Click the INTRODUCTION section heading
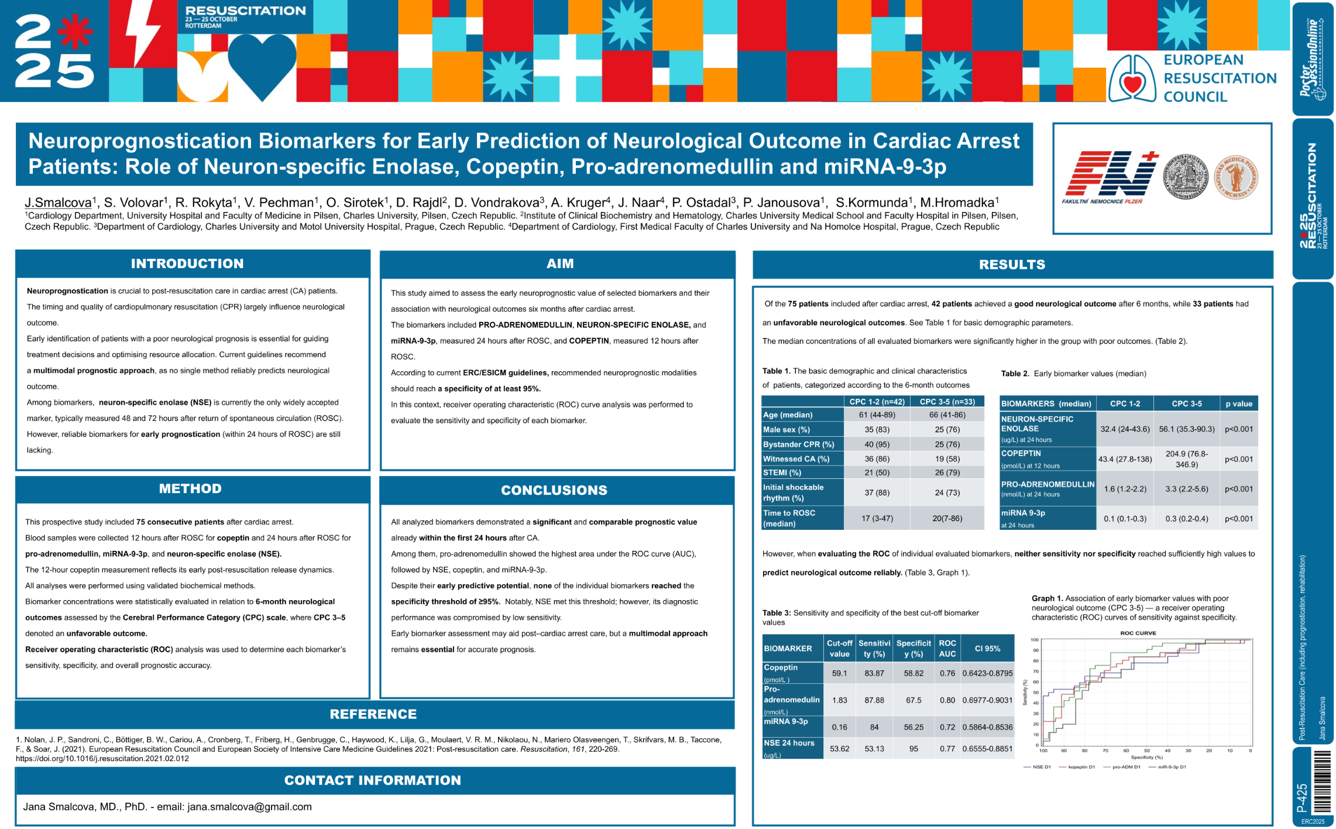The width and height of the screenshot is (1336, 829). pos(187,263)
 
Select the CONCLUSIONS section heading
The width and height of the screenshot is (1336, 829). pos(554,490)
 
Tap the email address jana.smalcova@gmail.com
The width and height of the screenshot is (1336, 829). pos(249,807)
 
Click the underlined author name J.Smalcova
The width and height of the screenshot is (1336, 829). pos(58,203)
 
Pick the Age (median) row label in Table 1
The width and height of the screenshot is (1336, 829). pos(788,415)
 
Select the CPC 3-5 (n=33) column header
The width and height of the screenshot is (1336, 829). pos(947,402)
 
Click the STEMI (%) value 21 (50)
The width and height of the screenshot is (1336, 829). pos(877,472)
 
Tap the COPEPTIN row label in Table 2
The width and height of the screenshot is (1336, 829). pos(1021,453)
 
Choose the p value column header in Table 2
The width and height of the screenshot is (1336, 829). pos(1239,403)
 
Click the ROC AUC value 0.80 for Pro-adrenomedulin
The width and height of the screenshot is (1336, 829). pos(947,700)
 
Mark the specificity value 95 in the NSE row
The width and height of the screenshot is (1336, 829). pos(913,749)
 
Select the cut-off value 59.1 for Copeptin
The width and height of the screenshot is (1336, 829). pos(839,673)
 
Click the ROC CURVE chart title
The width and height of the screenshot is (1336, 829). pos(1138,633)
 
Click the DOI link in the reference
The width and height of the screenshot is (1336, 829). pos(102,759)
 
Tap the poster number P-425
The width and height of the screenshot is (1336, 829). pos(1301,797)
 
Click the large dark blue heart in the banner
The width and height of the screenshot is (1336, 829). pos(262,64)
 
